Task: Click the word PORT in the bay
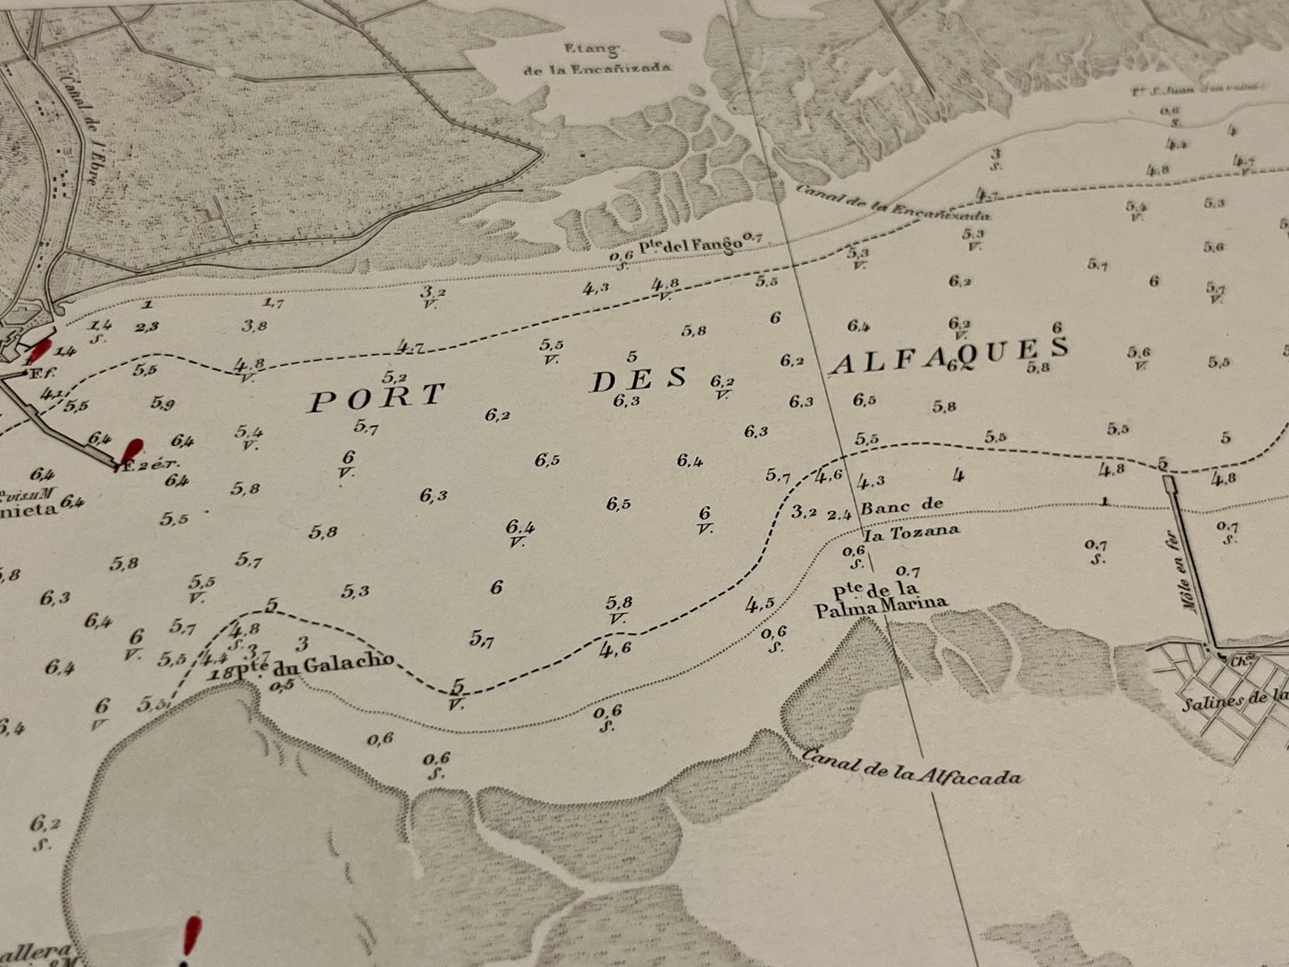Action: [x=376, y=398]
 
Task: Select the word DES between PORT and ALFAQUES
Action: [x=640, y=379]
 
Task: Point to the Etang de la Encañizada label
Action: [x=597, y=58]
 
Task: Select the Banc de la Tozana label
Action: [x=905, y=517]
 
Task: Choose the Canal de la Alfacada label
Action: [x=912, y=766]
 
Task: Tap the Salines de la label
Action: [x=1235, y=698]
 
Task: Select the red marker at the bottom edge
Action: [x=190, y=937]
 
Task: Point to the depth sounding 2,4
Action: [x=839, y=515]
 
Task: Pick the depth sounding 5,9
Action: [x=162, y=403]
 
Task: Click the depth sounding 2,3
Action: [x=147, y=327]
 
